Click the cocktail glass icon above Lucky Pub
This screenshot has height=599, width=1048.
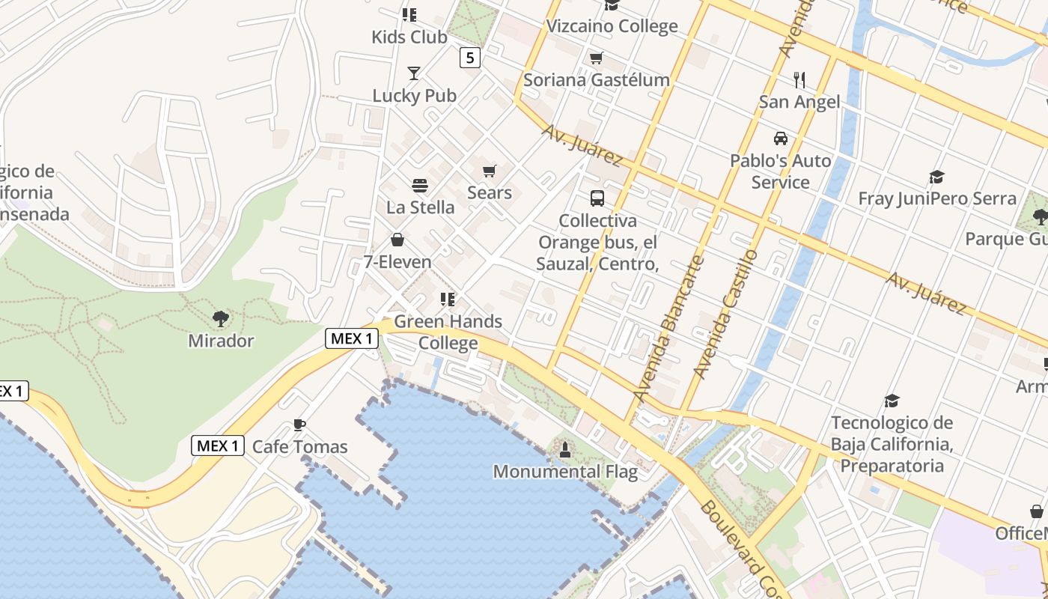click(x=414, y=73)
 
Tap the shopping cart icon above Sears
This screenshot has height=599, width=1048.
click(x=490, y=171)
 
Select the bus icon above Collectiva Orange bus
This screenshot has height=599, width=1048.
click(x=597, y=198)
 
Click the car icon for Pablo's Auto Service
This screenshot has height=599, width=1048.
click(x=781, y=139)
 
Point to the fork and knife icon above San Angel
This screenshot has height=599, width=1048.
click(x=799, y=79)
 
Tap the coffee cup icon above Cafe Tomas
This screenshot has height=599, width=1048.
click(x=299, y=425)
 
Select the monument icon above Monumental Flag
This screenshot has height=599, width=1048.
click(x=565, y=449)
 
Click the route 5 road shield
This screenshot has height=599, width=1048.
click(x=469, y=58)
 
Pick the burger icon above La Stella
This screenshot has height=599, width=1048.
click(x=420, y=186)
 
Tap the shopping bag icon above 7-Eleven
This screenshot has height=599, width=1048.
click(x=397, y=240)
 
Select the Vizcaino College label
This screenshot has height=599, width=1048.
click(x=612, y=26)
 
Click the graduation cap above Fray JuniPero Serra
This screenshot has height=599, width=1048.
click(x=936, y=177)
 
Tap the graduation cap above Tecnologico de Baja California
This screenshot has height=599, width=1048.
click(x=892, y=401)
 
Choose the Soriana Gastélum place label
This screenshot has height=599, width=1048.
click(x=596, y=80)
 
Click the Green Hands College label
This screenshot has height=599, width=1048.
click(x=448, y=332)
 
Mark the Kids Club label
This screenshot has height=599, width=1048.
click(x=409, y=37)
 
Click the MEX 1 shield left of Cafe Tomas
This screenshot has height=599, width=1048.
click(x=218, y=446)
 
